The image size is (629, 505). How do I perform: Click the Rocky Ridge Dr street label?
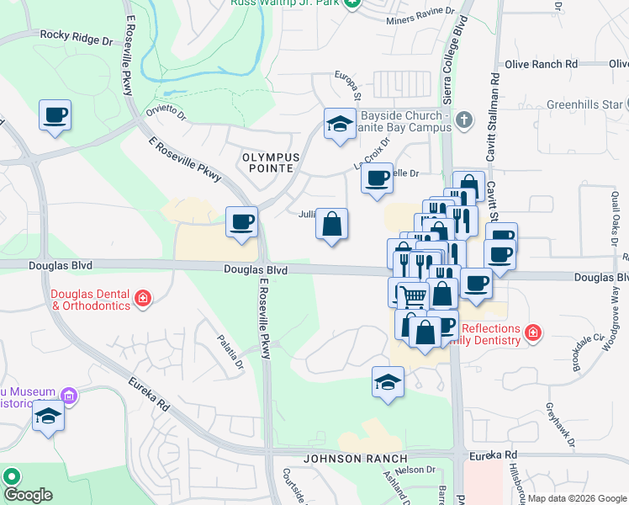pos(76,39)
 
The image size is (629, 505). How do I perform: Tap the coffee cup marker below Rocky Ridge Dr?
pos(55,115)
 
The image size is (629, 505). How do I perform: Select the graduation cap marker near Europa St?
pos(340,125)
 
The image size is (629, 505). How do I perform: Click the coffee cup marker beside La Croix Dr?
pos(377,178)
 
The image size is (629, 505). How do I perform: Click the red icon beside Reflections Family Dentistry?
pos(531,334)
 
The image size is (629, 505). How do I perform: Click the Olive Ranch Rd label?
pos(542,64)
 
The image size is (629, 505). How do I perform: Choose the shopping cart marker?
pos(412,295)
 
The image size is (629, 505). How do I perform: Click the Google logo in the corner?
pos(27,495)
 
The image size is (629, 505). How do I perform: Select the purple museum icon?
pos(69,395)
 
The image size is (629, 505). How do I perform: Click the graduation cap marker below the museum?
pos(49,417)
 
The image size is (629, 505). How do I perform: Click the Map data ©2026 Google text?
pos(577,498)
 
